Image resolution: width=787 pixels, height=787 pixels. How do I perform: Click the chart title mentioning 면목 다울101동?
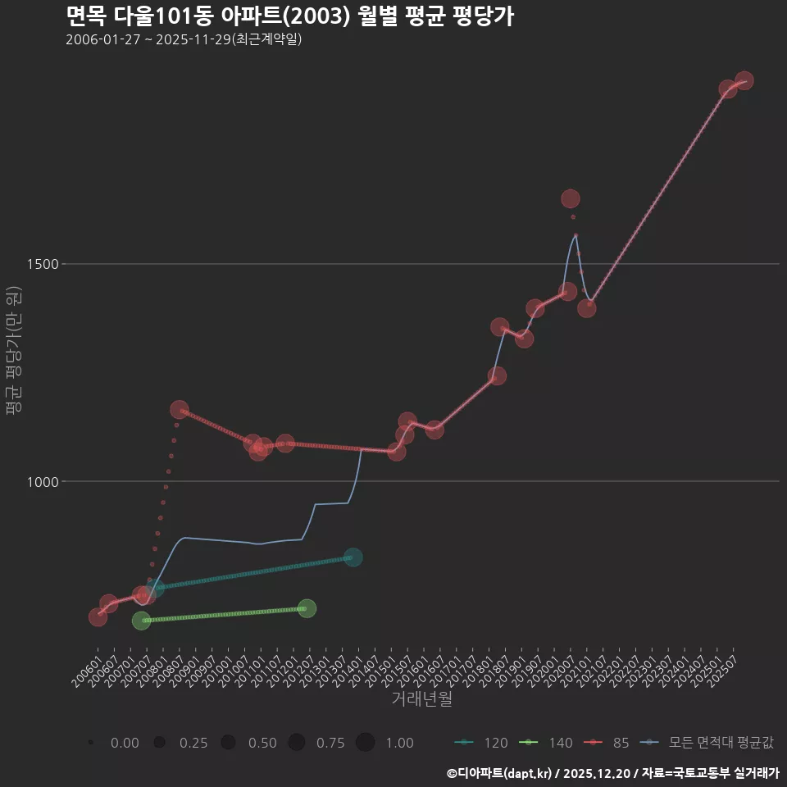point(289,16)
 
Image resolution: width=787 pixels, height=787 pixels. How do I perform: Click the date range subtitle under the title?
point(184,39)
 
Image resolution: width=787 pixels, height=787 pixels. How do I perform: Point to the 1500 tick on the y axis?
point(42,264)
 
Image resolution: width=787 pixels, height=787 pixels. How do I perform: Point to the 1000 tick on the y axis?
point(42,482)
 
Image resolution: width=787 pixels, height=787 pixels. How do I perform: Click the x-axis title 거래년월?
point(421,699)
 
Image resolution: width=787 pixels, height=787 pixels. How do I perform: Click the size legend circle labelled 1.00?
point(365,743)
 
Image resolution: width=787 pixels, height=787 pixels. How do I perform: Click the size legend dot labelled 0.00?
point(91,743)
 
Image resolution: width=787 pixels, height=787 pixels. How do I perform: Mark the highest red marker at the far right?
point(744,80)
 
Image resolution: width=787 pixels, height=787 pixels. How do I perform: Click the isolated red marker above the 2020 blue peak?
point(571,198)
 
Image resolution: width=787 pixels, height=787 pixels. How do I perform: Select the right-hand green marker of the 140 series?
point(307,608)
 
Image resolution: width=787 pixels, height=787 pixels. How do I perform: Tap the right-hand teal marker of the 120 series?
point(353,557)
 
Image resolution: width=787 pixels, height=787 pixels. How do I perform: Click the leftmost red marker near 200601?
point(98,616)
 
